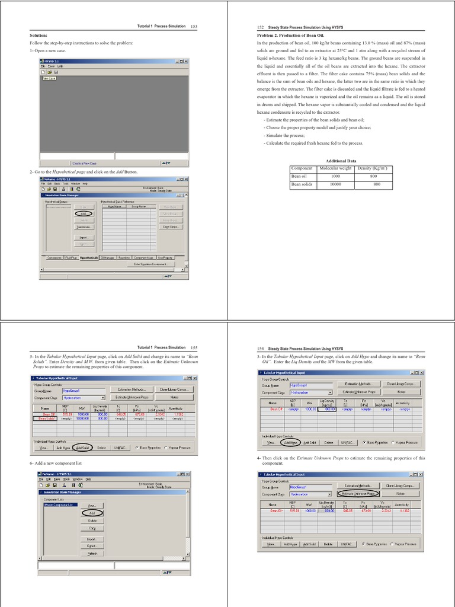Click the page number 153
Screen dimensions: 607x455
point(194,27)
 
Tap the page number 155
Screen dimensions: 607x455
point(194,347)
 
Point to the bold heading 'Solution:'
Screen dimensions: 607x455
point(38,36)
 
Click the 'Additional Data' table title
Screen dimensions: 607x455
point(341,161)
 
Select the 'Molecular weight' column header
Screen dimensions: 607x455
point(335,169)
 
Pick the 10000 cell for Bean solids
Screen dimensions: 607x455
point(335,184)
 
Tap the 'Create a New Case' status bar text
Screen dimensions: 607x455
point(85,162)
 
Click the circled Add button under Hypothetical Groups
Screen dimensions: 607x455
point(84,213)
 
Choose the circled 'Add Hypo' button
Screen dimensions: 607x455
point(290,442)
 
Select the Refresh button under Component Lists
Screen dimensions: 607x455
point(92,553)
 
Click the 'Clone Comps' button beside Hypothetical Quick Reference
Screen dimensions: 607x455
point(170,226)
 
